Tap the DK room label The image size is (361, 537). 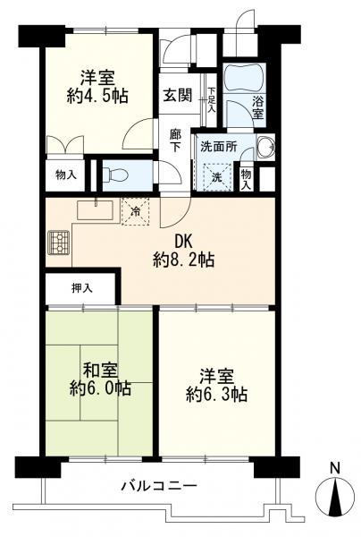point(183,241)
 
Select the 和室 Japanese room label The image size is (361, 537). point(97,369)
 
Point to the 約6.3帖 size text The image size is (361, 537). point(216,393)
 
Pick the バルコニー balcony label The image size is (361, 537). point(160,486)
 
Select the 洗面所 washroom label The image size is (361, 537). point(217,147)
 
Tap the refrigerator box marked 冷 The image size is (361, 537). point(136,213)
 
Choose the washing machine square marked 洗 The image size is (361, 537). point(218,175)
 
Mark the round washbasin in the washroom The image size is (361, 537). point(265,148)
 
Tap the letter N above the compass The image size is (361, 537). point(334,467)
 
